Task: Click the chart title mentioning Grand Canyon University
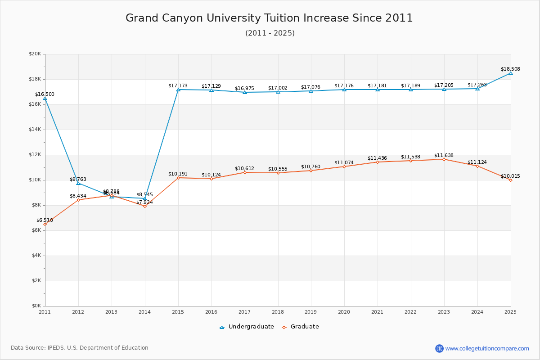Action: coord(269,18)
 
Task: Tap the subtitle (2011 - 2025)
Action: coord(270,33)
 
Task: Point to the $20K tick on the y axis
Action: coord(35,54)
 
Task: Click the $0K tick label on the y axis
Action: coord(36,306)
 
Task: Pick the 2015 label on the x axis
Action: coord(178,311)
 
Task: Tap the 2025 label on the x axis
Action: coord(510,311)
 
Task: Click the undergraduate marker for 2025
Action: coord(511,73)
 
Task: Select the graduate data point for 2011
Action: coord(45,224)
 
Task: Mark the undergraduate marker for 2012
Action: coord(78,183)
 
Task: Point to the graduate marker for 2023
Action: coord(444,159)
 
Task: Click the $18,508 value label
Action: coord(510,69)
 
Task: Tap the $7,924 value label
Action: coord(144,202)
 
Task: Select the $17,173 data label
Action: coord(178,85)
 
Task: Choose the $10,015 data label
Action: coord(510,176)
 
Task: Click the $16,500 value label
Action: coord(45,94)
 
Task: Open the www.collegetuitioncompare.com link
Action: coord(487,348)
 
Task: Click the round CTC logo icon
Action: coord(439,348)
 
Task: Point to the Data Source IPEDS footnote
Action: coord(80,348)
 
